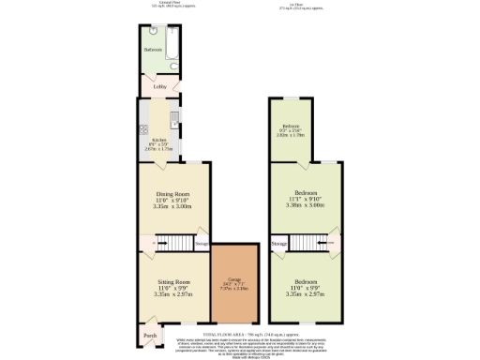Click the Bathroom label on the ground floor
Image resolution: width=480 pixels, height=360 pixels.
pyautogui.click(x=153, y=49)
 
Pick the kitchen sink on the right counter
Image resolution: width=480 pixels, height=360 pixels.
pyautogui.click(x=175, y=119)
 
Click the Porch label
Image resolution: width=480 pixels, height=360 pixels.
pyautogui.click(x=149, y=335)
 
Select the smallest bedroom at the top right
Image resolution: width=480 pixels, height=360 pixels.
pyautogui.click(x=292, y=130)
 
